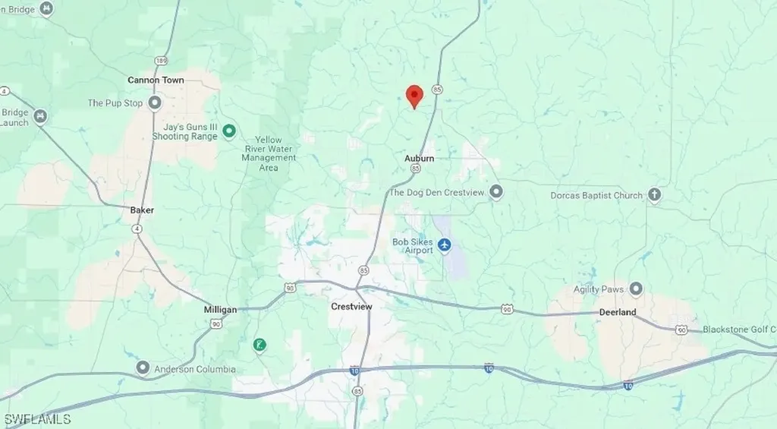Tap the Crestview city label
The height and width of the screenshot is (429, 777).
pyautogui.click(x=350, y=307)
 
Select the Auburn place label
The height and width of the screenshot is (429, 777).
pyautogui.click(x=419, y=159)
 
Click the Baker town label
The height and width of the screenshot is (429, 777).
pyautogui.click(x=142, y=209)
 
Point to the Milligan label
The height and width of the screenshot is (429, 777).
pyautogui.click(x=220, y=310)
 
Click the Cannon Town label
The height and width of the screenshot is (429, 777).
pyautogui.click(x=156, y=80)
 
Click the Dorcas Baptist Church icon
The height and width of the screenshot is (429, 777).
pyautogui.click(x=655, y=195)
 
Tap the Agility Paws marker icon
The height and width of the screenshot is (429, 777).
pyautogui.click(x=636, y=289)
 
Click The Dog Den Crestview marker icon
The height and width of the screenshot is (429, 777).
pyautogui.click(x=496, y=192)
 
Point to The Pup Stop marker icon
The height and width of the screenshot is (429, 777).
pyautogui.click(x=155, y=103)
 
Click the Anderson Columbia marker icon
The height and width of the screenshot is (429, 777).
pyautogui.click(x=143, y=369)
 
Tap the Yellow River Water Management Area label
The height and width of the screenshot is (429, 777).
pyautogui.click(x=269, y=153)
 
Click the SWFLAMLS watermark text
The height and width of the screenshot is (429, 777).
pyautogui.click(x=36, y=419)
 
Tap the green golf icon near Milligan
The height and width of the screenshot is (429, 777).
pyautogui.click(x=260, y=345)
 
